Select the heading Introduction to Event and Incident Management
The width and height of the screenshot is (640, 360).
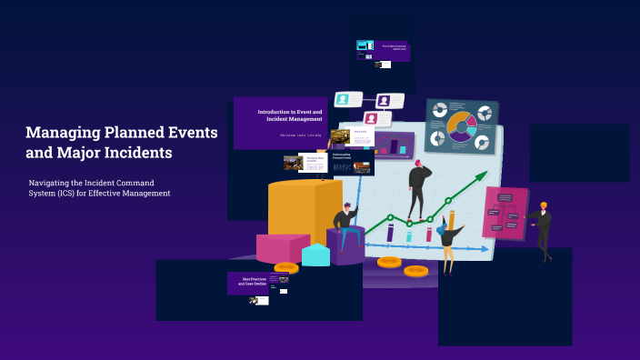tap(289, 115)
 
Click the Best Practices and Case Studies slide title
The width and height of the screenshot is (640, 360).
tap(254, 280)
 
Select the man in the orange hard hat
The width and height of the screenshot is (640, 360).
tap(542, 227)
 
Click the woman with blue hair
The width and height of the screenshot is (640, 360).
tap(447, 242)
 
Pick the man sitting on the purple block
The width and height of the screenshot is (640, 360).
tap(345, 226)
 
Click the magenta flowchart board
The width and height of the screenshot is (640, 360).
tap(505, 213)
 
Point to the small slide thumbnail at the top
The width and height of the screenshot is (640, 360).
tap(383, 51)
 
